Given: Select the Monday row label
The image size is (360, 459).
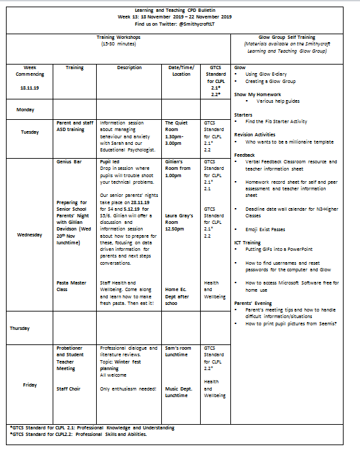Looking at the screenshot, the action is pos(25,109).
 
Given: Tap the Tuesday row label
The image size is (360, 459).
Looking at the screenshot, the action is pos(30,132).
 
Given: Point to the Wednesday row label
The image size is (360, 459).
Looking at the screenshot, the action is pos(30,235).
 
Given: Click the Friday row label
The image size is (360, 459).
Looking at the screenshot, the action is pos(30,385).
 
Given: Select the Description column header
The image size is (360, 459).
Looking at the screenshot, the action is pos(129,67).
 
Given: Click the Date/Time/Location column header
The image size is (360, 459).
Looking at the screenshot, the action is pos(179,70).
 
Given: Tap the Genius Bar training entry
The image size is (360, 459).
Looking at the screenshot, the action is pos(68,161).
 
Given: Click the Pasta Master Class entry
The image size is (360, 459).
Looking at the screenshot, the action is pos(71,285).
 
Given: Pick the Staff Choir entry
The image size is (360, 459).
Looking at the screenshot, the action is pos(68,389).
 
